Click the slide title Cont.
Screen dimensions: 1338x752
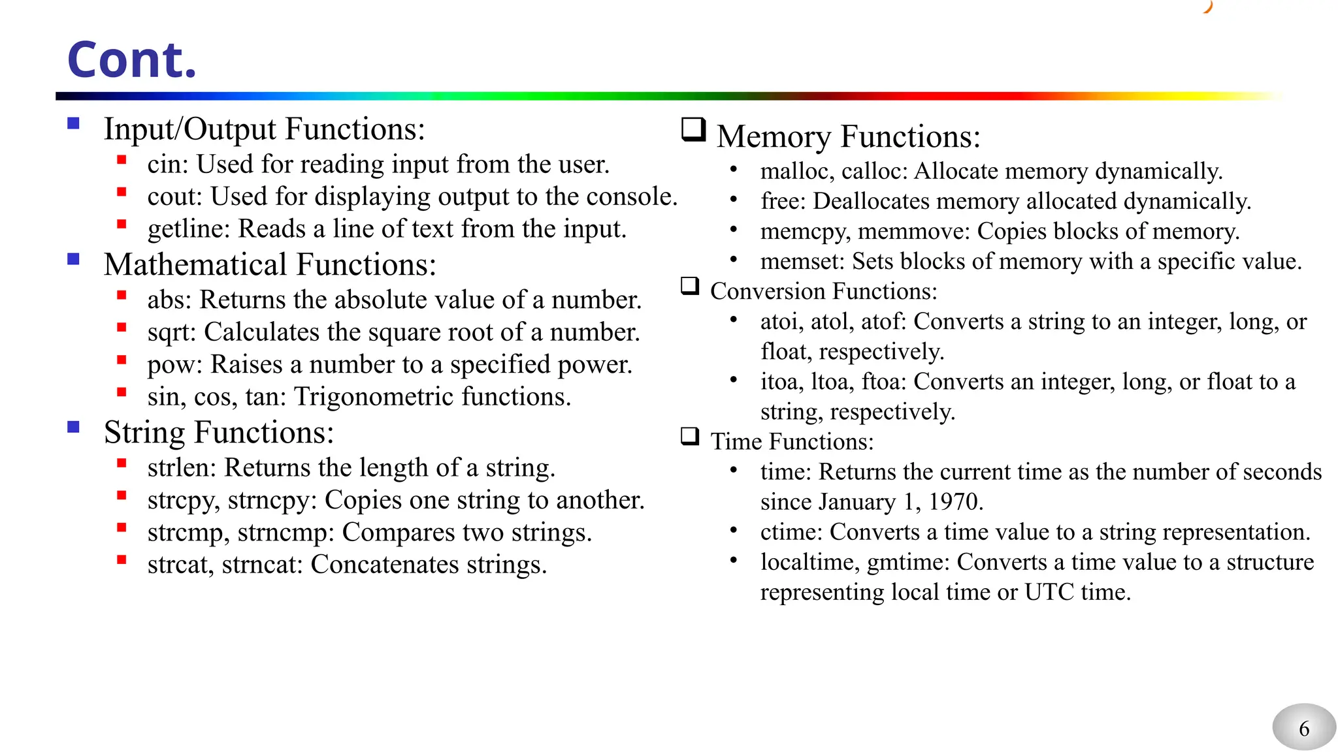[131, 59]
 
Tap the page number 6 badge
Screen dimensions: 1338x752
[1303, 728]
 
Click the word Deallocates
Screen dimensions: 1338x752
[870, 201]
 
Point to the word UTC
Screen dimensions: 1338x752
[1049, 592]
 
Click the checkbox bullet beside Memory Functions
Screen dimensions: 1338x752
[693, 129]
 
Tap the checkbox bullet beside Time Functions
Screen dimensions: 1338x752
[690, 436]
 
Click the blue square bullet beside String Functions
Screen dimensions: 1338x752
[73, 428]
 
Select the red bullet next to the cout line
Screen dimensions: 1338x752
[122, 192]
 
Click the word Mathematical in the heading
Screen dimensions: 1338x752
[195, 265]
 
